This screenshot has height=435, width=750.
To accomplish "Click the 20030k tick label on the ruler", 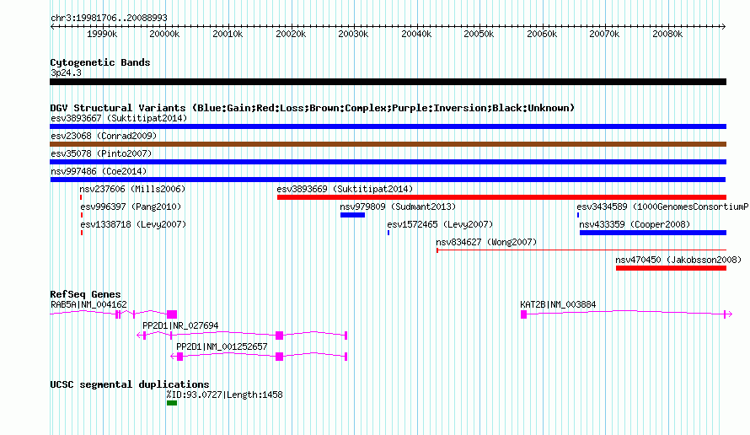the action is click(353, 34).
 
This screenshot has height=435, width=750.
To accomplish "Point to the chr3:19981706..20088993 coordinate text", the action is click(109, 18).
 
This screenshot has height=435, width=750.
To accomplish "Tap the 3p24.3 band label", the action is click(66, 72).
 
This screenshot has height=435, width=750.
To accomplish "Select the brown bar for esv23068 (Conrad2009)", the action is click(388, 144).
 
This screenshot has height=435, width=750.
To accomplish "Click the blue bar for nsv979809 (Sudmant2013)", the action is click(352, 215).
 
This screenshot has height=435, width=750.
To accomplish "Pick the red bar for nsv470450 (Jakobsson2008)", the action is click(671, 268).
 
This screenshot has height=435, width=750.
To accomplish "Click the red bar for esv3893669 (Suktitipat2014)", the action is click(501, 197).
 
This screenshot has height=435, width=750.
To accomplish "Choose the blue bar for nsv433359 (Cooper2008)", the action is click(653, 233).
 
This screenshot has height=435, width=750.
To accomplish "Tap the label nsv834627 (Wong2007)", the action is click(486, 242).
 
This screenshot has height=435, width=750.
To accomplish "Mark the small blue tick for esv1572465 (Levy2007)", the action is click(388, 233).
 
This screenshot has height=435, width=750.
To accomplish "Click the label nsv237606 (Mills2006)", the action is click(132, 189).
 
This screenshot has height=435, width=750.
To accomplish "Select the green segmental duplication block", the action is click(172, 403).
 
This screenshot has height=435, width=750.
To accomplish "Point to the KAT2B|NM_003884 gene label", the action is click(558, 304).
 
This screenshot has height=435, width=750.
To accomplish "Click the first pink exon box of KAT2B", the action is click(524, 314).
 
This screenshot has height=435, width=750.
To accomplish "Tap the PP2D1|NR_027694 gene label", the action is click(180, 325).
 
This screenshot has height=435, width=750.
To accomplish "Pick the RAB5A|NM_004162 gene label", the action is click(89, 304).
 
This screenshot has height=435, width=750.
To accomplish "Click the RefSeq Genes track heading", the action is click(86, 294).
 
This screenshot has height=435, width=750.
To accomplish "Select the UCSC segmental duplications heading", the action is click(130, 384).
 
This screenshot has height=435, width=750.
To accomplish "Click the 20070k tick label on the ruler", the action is click(604, 34).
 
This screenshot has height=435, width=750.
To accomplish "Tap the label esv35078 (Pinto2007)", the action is click(101, 153).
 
